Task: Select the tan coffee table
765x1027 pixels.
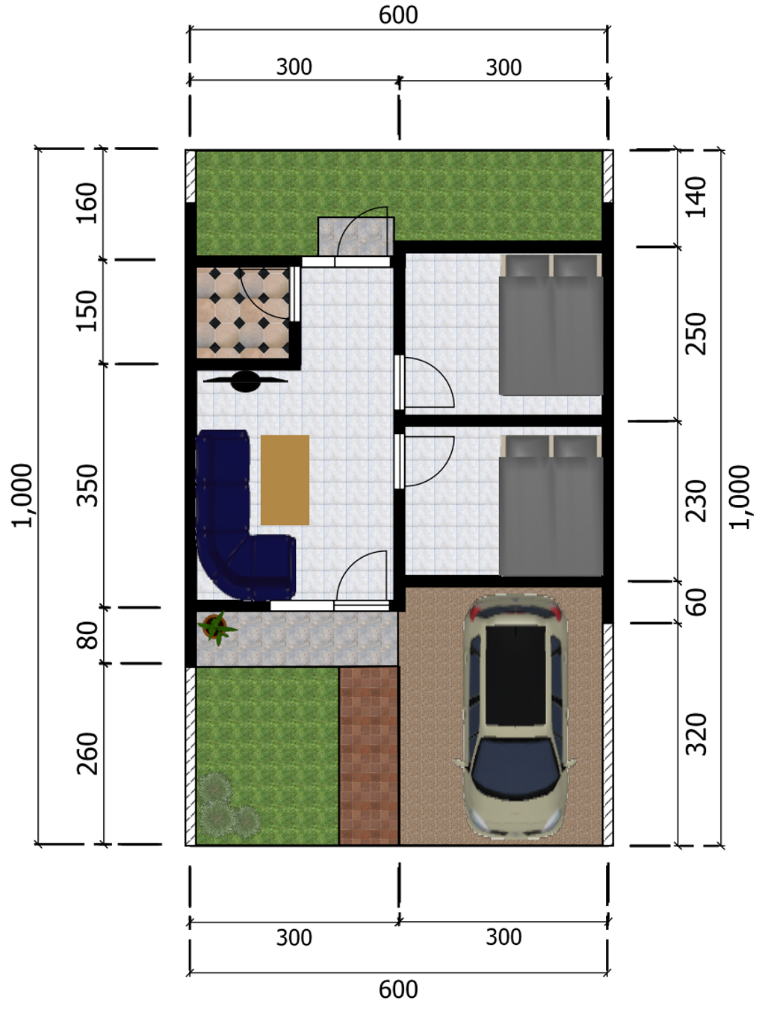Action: coord(285,480)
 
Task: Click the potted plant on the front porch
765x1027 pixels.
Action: coord(216,627)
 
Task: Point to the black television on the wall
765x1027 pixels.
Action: coord(246,381)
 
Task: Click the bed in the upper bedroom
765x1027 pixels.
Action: coord(551,324)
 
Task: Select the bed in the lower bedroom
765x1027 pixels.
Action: coord(551,505)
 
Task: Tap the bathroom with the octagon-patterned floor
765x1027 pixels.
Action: coord(243,313)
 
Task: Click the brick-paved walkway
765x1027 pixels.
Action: coord(368,756)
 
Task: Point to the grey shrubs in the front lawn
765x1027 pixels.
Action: coord(228,807)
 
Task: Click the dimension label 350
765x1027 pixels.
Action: coord(87,485)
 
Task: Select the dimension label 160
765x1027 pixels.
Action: coord(87,203)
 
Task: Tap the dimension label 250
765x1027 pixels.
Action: coord(696,334)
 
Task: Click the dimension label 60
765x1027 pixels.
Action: coord(696,602)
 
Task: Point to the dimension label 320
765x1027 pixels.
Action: coord(696,735)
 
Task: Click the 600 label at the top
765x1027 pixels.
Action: coord(398,15)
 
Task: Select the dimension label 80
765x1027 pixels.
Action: coord(87,635)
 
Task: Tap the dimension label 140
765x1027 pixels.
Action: coord(696,196)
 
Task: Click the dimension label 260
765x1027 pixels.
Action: coord(87,754)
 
